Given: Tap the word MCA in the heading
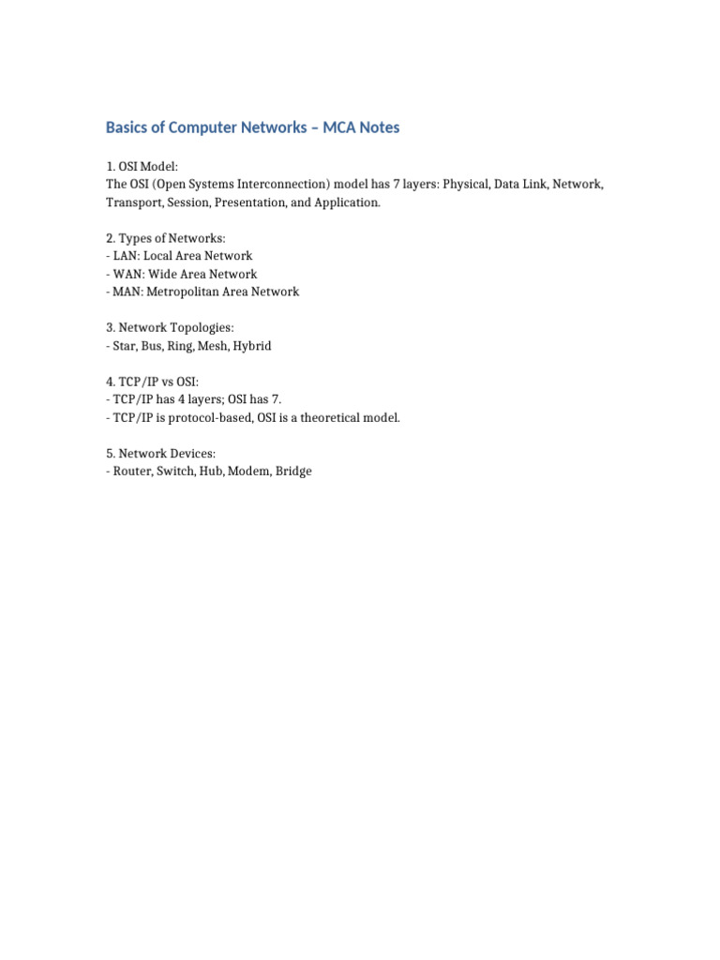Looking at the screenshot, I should pos(340,127).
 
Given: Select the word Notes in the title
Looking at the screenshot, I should pos(381,127).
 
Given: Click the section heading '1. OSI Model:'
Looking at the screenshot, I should pos(141,167).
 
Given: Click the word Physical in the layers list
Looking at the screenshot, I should pos(466,185).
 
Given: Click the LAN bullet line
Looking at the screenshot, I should pos(179,256).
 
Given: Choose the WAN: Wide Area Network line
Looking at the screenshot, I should pos(181,274).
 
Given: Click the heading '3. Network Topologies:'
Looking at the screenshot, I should pos(170,328).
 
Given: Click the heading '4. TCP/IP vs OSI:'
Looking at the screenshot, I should pos(152,382).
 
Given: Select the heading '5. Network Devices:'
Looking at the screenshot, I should pos(161,454).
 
